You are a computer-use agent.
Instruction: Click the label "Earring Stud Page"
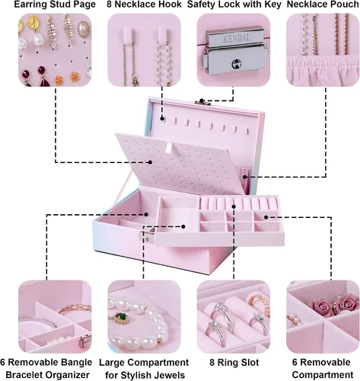tap(55, 5)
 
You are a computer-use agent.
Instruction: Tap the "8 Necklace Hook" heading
tap(144, 5)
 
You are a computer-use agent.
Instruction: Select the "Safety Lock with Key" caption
tap(234, 5)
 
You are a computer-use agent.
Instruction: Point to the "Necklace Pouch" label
tap(323, 5)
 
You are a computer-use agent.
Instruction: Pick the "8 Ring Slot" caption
tap(234, 363)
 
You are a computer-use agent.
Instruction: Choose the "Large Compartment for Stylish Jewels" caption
tap(144, 369)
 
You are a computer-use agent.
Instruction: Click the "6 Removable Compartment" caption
tap(323, 369)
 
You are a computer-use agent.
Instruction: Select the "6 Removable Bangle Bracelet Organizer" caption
tap(46, 369)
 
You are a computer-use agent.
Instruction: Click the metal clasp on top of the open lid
tap(202, 102)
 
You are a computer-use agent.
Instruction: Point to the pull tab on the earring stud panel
tap(169, 148)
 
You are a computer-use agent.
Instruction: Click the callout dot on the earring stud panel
tap(150, 162)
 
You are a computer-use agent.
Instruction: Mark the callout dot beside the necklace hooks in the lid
tap(162, 118)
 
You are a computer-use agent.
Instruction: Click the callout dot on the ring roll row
tap(234, 207)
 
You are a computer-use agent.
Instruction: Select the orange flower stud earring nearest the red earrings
tap(59, 80)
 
